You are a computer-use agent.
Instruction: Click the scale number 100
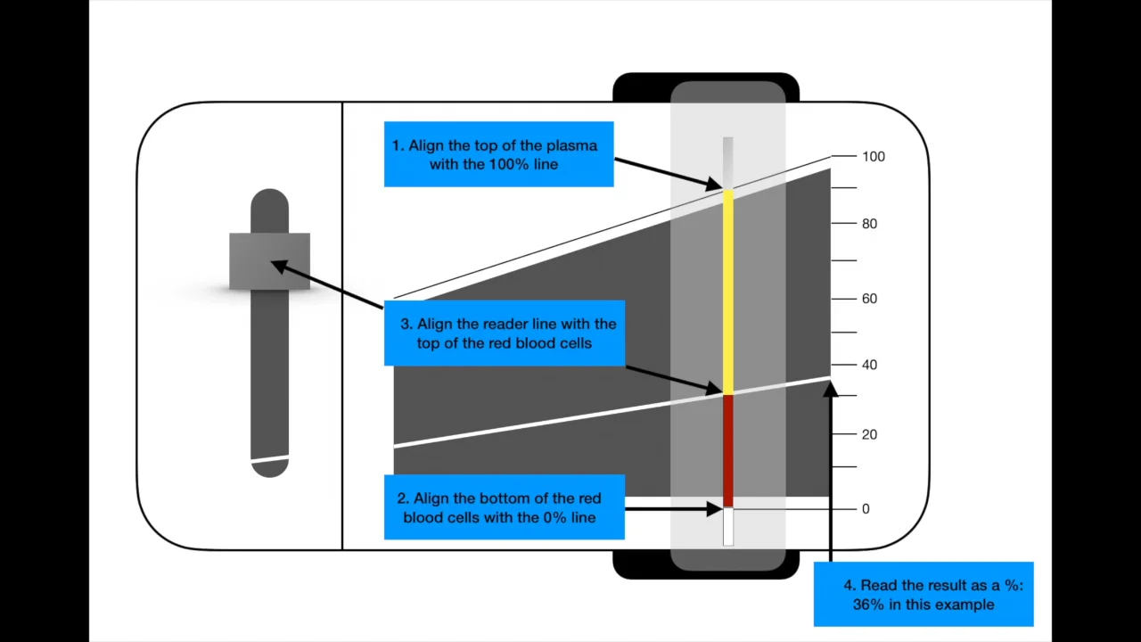pos(873,157)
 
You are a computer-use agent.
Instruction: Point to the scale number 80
pos(869,224)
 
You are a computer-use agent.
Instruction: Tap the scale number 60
pos(869,299)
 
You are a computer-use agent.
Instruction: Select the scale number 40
pos(869,365)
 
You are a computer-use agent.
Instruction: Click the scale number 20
pos(869,434)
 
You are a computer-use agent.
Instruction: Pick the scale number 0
pos(866,509)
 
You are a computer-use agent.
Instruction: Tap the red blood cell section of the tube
pos(728,450)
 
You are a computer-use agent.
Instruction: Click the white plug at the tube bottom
pos(728,526)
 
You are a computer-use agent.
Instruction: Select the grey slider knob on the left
pos(269,260)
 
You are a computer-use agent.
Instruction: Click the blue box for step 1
pos(498,154)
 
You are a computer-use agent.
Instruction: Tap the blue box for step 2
pos(504,507)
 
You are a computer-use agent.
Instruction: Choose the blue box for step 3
pos(505,333)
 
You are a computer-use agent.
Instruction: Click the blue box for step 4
pos(923,595)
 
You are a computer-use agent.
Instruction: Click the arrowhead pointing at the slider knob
pos(278,266)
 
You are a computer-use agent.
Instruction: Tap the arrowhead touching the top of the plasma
pos(715,185)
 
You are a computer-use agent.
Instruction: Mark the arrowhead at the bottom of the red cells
pos(715,509)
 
